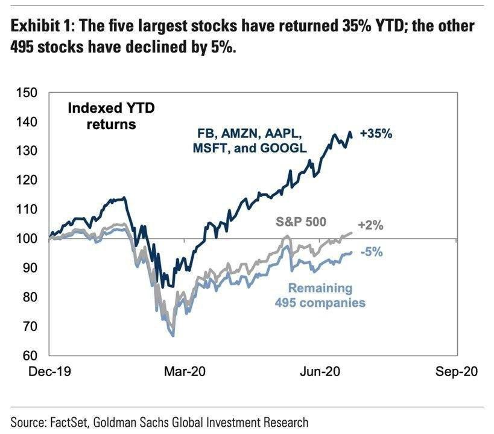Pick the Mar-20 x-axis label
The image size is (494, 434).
[x=185, y=372]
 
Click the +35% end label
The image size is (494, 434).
[x=376, y=134]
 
